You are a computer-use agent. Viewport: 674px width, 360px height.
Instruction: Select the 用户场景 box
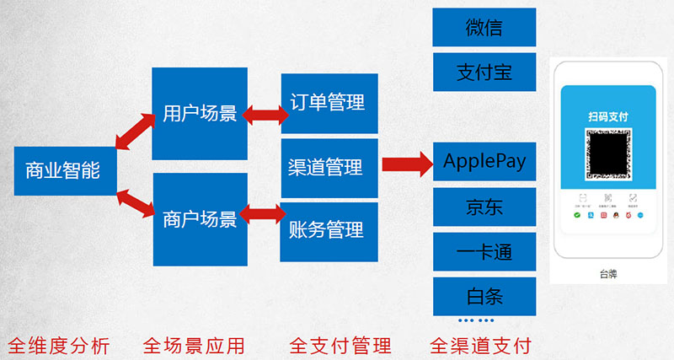tap(200, 113)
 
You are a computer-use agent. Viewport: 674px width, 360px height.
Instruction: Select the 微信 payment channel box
tap(484, 27)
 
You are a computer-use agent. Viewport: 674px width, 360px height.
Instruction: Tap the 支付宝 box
tap(484, 72)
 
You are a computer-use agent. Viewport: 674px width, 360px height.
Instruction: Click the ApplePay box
tap(484, 161)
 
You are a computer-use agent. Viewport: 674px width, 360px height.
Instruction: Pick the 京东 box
tap(484, 207)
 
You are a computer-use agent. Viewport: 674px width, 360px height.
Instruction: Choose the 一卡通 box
tap(484, 251)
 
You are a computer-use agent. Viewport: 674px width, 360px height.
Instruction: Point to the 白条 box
tap(484, 296)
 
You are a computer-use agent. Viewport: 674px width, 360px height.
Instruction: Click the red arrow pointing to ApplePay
tap(407, 164)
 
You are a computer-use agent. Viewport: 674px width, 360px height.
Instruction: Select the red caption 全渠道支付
tap(480, 345)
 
